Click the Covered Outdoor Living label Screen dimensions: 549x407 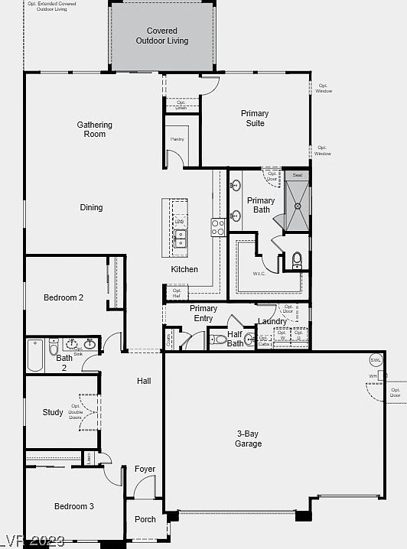[x=162, y=36]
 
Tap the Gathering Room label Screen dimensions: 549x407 [x=95, y=129]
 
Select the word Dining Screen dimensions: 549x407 [x=91, y=207]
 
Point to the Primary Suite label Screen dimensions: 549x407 [x=255, y=118]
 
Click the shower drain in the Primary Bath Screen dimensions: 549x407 [x=298, y=206]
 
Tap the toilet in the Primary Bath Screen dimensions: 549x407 [x=297, y=260]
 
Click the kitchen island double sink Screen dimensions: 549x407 [x=179, y=238]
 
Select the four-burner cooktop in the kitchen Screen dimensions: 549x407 [x=218, y=227]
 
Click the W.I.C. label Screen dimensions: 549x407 [x=259, y=273]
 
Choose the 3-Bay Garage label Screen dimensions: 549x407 [x=248, y=438]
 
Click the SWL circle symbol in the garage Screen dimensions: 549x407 [x=376, y=360]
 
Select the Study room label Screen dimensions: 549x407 [x=53, y=412]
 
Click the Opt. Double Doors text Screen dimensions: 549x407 [x=75, y=412]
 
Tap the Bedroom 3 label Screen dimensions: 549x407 [x=74, y=506]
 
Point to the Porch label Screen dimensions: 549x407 [x=145, y=519]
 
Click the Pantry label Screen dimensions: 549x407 [x=177, y=139]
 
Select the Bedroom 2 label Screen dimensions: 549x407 [x=63, y=297]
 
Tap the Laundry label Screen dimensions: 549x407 [x=272, y=321]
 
